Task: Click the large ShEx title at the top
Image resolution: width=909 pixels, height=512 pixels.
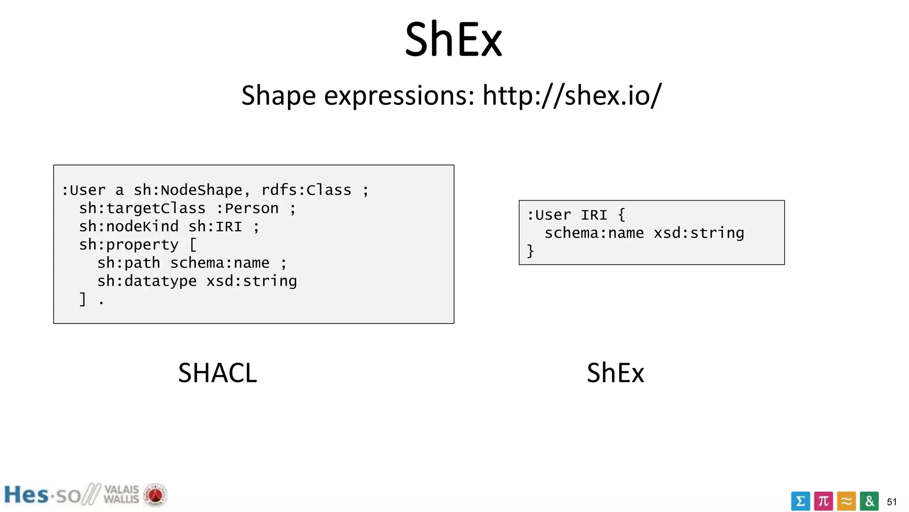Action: tap(453, 40)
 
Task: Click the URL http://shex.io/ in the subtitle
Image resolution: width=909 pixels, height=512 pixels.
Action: tap(572, 95)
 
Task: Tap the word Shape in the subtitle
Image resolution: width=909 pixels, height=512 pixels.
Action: tap(278, 96)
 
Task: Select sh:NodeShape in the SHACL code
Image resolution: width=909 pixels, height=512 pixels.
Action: tap(188, 190)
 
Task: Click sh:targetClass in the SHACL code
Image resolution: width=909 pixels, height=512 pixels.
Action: tap(142, 208)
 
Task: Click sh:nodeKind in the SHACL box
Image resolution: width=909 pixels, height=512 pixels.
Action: tap(129, 227)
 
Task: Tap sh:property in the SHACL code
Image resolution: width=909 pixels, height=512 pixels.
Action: tap(129, 245)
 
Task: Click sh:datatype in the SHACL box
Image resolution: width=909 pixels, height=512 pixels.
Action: tap(147, 281)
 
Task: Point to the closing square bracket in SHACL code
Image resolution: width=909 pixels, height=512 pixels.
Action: tap(83, 299)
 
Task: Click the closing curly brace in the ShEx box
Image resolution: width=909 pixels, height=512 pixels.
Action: tap(530, 251)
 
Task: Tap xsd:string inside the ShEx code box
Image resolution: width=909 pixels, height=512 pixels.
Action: tap(699, 233)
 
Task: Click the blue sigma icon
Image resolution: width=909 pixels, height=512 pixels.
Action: tap(800, 501)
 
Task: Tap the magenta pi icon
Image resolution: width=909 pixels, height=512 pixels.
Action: tap(823, 501)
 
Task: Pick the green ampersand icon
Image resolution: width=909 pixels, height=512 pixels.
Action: tap(869, 501)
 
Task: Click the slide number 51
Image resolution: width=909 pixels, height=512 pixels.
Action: tap(892, 502)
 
